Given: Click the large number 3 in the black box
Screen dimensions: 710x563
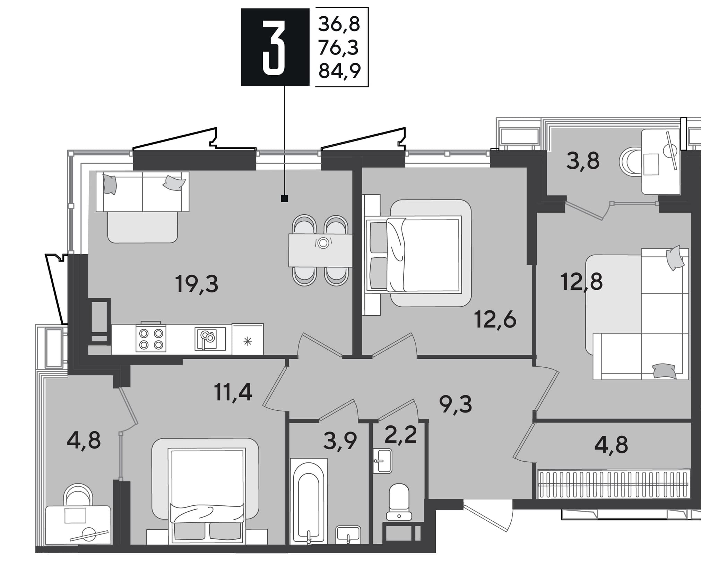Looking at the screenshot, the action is coord(274,47).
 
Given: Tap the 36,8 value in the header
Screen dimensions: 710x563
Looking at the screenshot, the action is coord(339,24).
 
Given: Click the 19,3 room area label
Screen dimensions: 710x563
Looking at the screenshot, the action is coord(197,284).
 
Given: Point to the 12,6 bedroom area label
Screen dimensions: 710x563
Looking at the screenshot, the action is coord(495,319).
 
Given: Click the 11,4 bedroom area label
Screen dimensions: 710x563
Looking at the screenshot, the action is coord(233,393).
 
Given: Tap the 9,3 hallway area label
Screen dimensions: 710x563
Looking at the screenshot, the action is coord(455,404).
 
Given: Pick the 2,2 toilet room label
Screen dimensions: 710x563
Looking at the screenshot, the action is coord(400,435).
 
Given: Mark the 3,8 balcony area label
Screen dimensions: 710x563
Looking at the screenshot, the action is coord(583,161).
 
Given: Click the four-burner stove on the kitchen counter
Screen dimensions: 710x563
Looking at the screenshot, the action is coord(151,338).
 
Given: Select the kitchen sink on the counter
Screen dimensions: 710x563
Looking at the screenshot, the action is coord(210,339).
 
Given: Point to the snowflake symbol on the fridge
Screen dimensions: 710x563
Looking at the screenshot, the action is coord(248,342).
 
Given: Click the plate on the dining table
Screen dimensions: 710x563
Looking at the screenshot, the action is coord(323,243).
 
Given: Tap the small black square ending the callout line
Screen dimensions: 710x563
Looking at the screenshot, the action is coord(284,198).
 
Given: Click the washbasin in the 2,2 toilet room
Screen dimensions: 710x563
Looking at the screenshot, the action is coord(382,461).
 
